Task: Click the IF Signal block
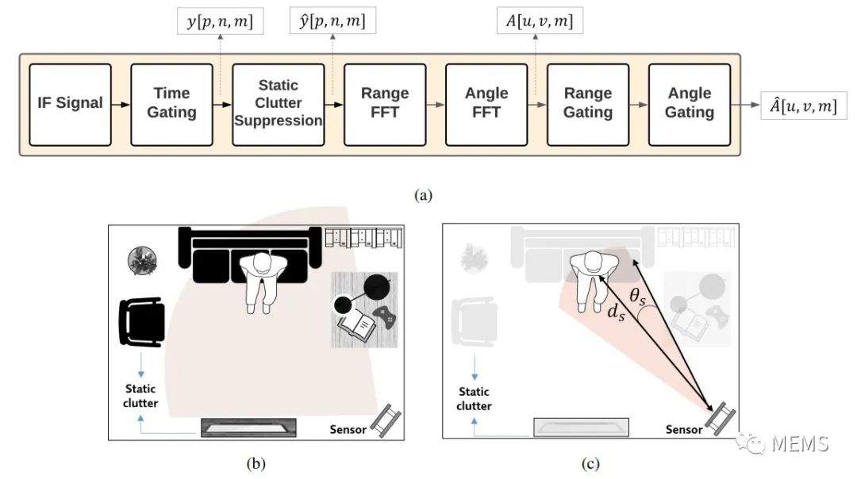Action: coord(70,105)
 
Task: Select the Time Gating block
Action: coord(171,105)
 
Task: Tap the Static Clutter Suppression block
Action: coord(279,105)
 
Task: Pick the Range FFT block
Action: coord(385,105)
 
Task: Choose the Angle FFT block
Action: coord(486,105)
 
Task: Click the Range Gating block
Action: coord(588,105)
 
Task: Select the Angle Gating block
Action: coord(690,105)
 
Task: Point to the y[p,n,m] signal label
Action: coord(221,21)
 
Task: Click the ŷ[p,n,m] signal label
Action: coord(332,21)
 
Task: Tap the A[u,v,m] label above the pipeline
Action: coord(540,21)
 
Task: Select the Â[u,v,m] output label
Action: coord(803,106)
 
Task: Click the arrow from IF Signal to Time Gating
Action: coord(121,105)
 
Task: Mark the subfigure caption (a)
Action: coord(424,195)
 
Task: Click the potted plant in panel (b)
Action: coord(142,261)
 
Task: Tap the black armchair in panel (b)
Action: coord(142,322)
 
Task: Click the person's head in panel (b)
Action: coord(263,264)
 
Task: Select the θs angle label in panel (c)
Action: coord(637,297)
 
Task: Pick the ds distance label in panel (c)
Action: coord(616,312)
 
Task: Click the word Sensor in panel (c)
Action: coord(684,430)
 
